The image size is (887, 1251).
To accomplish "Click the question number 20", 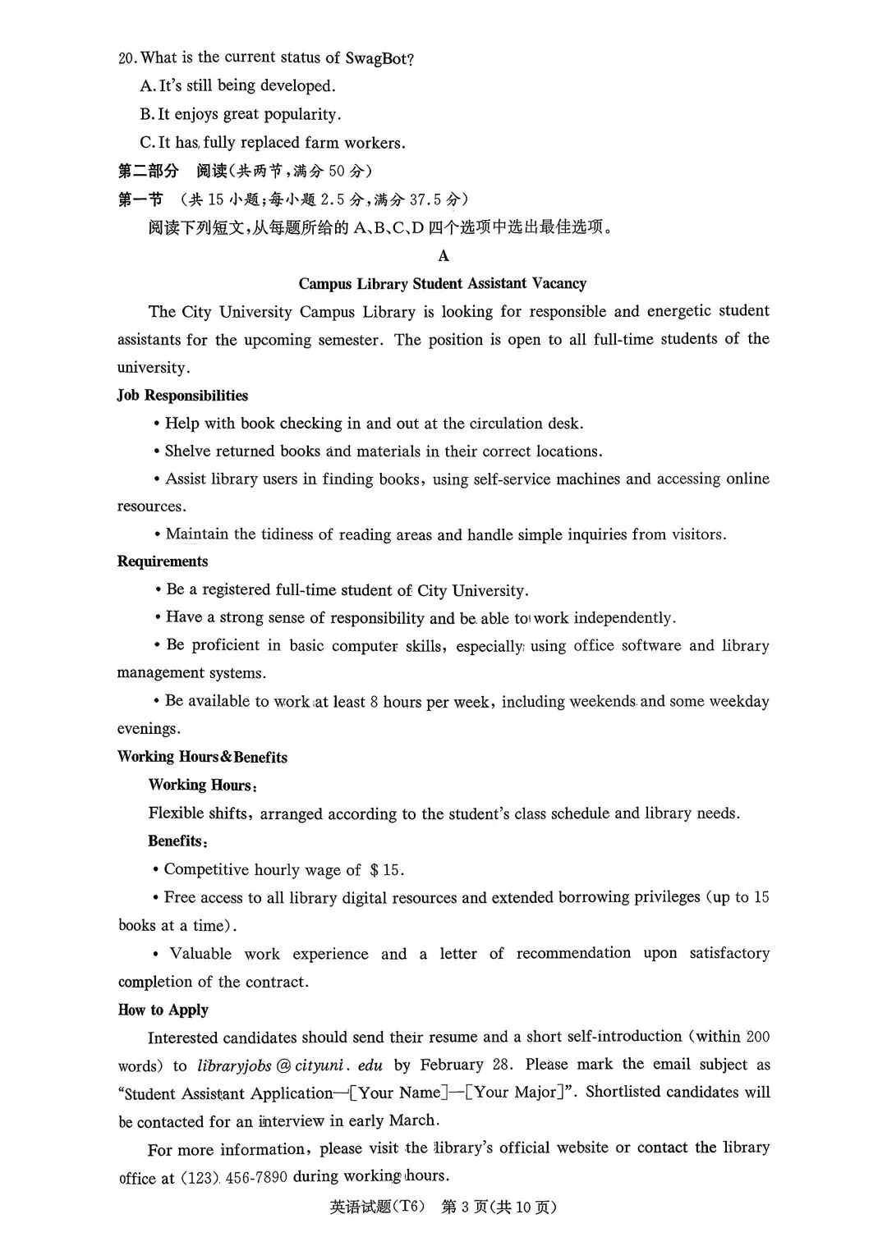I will [127, 58].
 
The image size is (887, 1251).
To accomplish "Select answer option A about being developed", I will [238, 86].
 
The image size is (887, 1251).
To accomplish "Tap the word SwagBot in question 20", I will [379, 58].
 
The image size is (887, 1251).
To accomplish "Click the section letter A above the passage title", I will [443, 256].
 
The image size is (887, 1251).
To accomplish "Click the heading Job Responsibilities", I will [182, 396].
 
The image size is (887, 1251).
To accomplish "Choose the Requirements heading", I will [163, 561].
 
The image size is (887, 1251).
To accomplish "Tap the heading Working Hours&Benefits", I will [202, 757].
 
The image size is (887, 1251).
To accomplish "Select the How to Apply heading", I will [163, 1010].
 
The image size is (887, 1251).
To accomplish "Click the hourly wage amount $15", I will [387, 870].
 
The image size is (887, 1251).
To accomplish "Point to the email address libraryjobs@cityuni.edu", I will [290, 1065].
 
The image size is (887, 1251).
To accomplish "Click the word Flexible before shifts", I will [179, 813].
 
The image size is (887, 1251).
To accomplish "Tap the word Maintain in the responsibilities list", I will [197, 535].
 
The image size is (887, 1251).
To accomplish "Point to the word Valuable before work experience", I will [200, 954].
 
